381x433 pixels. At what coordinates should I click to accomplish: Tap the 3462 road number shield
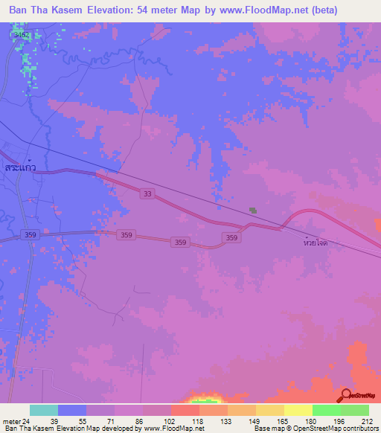coord(22,34)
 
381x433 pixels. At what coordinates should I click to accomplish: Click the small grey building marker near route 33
coord(253,211)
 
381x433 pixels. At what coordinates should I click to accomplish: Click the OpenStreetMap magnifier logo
coord(347,394)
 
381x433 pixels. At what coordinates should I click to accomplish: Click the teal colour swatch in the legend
coord(44,410)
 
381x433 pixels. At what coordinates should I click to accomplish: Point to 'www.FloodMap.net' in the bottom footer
coord(174,429)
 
